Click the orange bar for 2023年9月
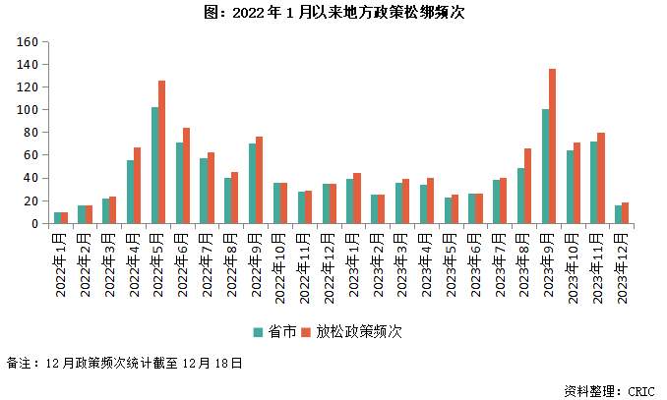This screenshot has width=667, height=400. pos(553,146)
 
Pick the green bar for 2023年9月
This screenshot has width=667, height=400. pos(546,166)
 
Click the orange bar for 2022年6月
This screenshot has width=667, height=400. pos(187,176)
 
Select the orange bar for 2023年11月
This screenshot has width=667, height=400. pos(601,178)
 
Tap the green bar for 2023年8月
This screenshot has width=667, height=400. pos(521,196)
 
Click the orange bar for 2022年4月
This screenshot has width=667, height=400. pos(138,186)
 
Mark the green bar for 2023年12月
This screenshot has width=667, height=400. pos(619,214)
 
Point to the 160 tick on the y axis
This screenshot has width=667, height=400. pos(29,42)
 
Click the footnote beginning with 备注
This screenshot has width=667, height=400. pos(124,363)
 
